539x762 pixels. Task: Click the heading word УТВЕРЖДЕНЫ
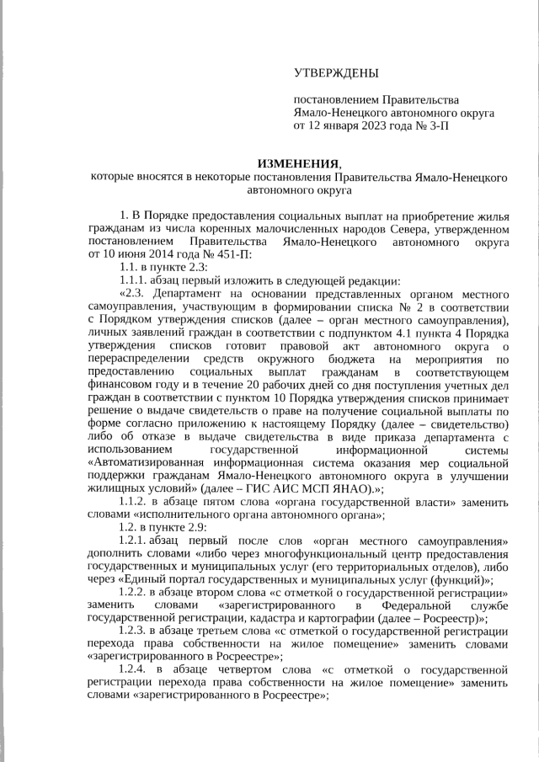click(x=336, y=73)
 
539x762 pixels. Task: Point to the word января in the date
click(x=343, y=126)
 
